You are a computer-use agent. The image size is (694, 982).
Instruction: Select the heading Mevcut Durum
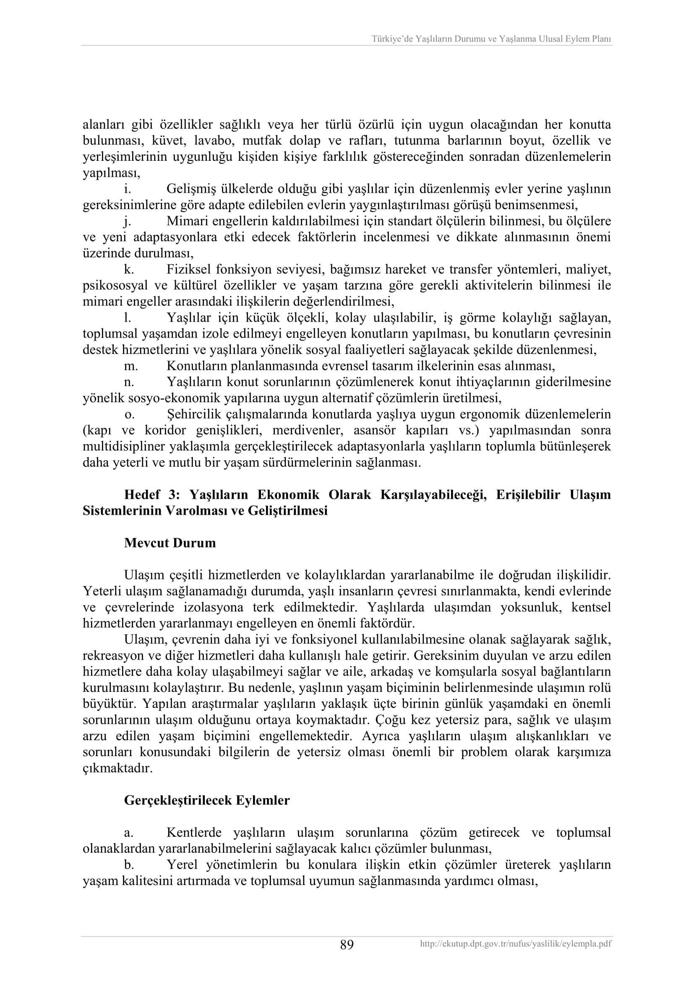(x=170, y=543)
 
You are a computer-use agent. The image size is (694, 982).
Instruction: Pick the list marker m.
(x=130, y=366)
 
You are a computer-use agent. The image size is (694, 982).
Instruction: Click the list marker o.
(x=128, y=414)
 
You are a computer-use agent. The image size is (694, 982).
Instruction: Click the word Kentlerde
(x=194, y=832)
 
